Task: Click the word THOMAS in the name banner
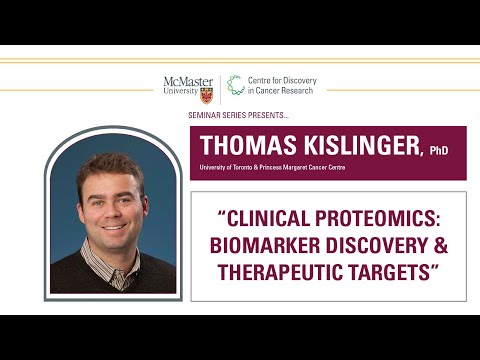(x=245, y=145)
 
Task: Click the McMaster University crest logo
(x=207, y=92)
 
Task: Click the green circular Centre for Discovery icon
(x=235, y=86)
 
